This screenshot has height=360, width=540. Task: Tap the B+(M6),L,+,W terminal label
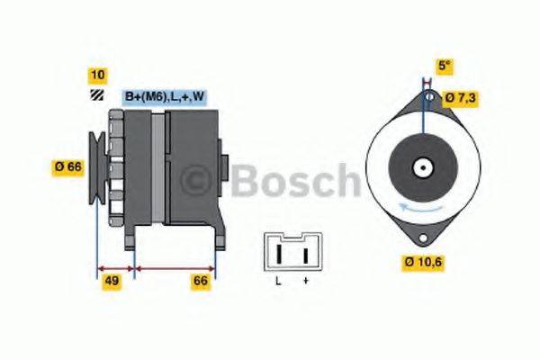pyautogui.click(x=164, y=97)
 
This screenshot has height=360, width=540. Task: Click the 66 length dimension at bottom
pyautogui.click(x=202, y=282)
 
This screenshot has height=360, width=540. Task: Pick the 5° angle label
pyautogui.click(x=444, y=66)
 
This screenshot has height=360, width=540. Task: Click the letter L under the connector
pyautogui.click(x=279, y=283)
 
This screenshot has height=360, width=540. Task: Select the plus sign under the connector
pyautogui.click(x=305, y=283)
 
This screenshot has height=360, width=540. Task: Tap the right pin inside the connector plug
pyautogui.click(x=305, y=256)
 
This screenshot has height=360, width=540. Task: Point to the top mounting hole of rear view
pyautogui.click(x=430, y=97)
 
